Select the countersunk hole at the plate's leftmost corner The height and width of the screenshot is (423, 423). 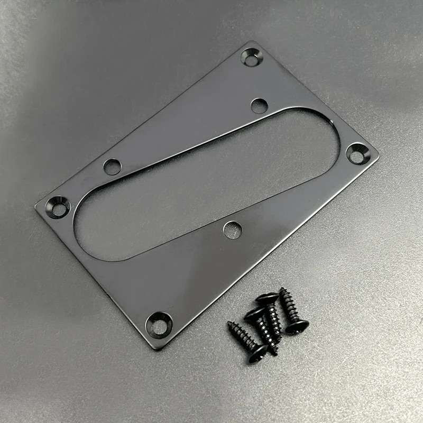[59, 206]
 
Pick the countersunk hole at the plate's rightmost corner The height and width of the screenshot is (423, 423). [357, 153]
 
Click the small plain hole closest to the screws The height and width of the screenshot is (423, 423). [231, 229]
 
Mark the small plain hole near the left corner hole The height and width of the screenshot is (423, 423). [112, 167]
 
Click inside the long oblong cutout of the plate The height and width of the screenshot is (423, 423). [206, 185]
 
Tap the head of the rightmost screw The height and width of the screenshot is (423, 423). [297, 326]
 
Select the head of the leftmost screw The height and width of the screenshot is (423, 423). [256, 353]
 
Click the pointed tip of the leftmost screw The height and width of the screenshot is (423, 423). [229, 323]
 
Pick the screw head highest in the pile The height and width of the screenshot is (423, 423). [267, 299]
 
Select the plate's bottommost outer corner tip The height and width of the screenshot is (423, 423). [157, 349]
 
